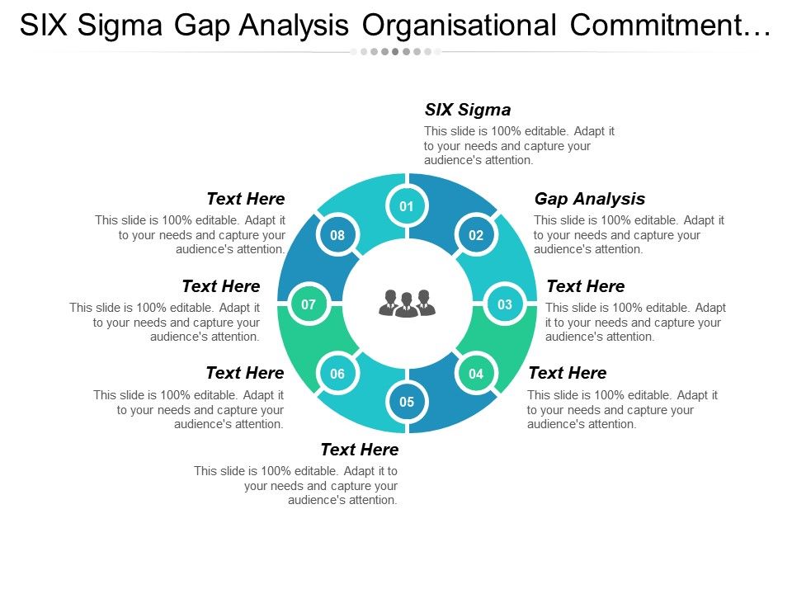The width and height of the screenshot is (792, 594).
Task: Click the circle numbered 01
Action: click(407, 206)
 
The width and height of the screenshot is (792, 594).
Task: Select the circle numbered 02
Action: click(476, 235)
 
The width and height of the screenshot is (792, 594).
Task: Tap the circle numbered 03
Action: click(505, 304)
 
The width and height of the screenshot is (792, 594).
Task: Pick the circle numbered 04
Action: click(476, 374)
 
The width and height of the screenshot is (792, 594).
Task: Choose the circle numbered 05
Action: click(407, 403)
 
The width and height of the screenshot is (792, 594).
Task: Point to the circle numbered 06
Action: click(337, 374)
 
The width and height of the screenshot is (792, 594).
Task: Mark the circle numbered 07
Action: click(309, 304)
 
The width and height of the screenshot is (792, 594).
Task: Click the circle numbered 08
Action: click(337, 235)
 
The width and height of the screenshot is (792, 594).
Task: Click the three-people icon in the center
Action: click(407, 304)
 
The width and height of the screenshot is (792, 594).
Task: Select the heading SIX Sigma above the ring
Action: click(467, 110)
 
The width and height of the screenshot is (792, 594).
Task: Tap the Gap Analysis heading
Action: click(589, 199)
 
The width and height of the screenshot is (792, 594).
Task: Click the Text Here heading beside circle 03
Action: click(585, 286)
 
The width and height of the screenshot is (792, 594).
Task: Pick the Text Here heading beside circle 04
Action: click(567, 373)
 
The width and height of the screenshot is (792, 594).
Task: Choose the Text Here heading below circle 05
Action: click(359, 450)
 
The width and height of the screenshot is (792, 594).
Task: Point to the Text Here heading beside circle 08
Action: click(245, 199)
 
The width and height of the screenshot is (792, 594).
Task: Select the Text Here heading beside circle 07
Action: click(220, 286)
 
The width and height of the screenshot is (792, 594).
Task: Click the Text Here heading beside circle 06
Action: click(244, 373)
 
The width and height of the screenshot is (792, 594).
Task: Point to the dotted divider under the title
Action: click(396, 51)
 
